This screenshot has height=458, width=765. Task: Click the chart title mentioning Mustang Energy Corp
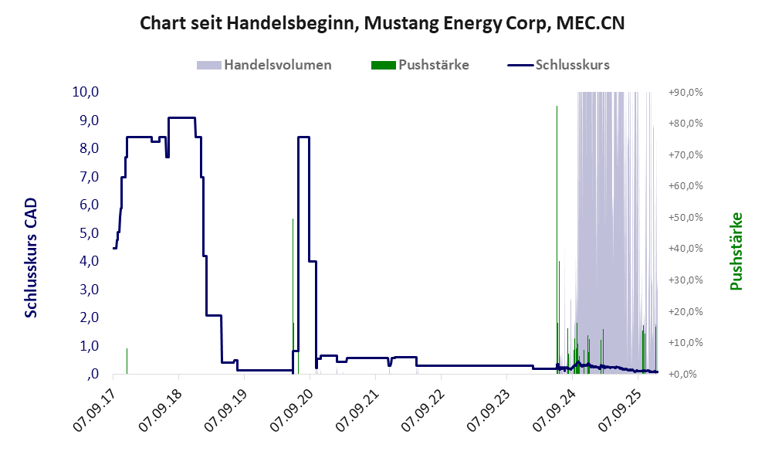[x=382, y=23]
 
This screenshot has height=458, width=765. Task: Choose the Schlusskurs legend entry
[x=560, y=65]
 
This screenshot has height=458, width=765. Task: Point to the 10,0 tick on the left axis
[x=85, y=92]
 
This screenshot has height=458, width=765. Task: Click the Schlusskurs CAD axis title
[x=32, y=257]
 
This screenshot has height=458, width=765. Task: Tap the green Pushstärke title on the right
[x=736, y=251]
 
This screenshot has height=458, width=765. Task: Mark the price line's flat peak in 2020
[x=303, y=137]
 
